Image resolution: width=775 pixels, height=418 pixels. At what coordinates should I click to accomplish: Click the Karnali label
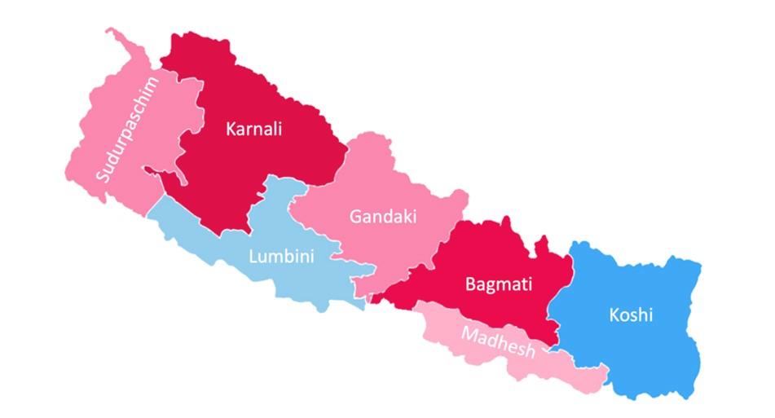(x=254, y=128)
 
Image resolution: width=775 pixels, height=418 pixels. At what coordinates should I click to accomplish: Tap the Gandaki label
(x=383, y=217)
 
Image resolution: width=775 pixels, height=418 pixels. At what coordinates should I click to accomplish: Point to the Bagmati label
(x=499, y=284)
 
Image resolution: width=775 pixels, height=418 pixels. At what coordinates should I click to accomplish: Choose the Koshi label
(x=631, y=315)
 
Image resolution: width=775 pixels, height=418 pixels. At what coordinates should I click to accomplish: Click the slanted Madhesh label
(x=498, y=342)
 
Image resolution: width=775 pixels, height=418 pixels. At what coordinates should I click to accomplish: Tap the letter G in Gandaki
(x=356, y=217)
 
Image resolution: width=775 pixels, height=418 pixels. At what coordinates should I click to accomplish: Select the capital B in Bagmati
(x=471, y=284)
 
